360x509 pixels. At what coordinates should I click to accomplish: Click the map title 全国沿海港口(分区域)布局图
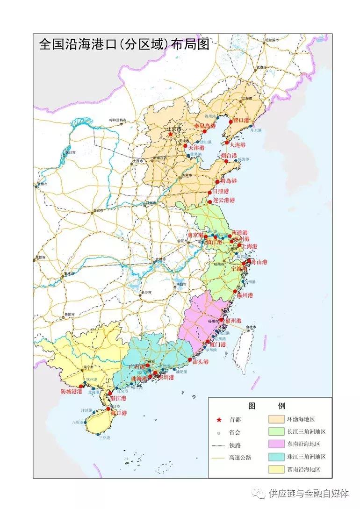[x=123, y=45]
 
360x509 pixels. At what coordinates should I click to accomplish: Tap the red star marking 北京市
[x=171, y=135]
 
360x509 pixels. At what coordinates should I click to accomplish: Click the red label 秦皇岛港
[x=205, y=126]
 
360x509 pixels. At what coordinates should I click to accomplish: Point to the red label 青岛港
[x=229, y=181]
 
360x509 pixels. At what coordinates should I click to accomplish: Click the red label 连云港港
[x=224, y=201]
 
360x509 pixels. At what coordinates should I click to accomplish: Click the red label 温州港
[x=245, y=295]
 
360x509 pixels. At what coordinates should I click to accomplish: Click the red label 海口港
[x=118, y=413]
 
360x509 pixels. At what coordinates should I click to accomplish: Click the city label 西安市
[x=98, y=210]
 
